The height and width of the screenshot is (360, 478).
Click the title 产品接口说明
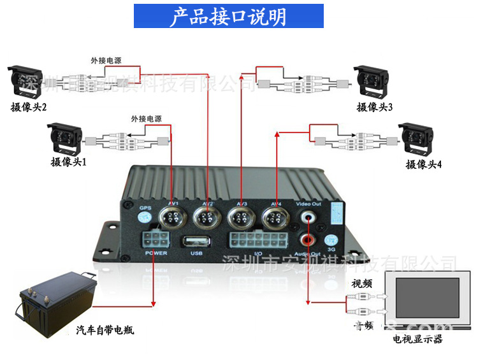pos(228,17)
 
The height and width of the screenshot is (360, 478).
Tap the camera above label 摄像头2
pos(25,81)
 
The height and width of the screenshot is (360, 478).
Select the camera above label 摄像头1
pos(66,136)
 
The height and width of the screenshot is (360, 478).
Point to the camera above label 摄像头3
pos(373,81)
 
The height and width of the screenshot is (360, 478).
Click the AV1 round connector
pos(173,219)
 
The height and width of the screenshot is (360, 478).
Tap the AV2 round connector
pos(207,219)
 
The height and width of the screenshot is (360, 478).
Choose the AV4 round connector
pos(276,219)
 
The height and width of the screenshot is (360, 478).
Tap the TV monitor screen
pos(428,303)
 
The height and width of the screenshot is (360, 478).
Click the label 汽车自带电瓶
pos(105,331)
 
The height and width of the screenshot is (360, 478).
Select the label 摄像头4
pos(424,165)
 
